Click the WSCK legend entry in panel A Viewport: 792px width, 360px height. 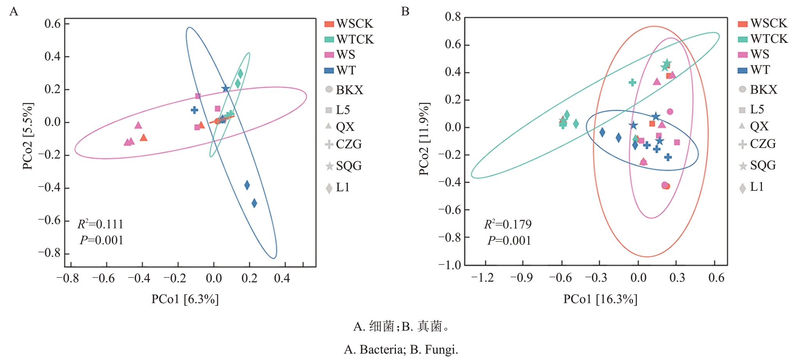click(349, 24)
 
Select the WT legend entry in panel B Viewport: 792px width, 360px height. click(754, 70)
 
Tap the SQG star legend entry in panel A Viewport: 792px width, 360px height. click(344, 166)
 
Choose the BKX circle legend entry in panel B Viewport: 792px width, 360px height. click(758, 90)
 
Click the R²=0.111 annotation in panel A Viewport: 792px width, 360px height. click(101, 224)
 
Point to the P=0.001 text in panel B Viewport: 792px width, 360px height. click(509, 241)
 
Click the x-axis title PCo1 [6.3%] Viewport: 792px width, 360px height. click(185, 299)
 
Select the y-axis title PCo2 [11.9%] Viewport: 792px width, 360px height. click(424, 139)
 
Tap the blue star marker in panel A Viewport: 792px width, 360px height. click(225, 88)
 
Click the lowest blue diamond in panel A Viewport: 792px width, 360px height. click(254, 203)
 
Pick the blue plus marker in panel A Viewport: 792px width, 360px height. click(194, 110)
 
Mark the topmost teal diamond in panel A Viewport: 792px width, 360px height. click(240, 73)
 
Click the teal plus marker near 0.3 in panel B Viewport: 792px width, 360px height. click(632, 82)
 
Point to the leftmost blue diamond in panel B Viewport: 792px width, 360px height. click(602, 132)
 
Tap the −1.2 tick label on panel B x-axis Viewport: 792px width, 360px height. click(482, 278)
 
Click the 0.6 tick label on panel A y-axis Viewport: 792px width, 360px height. click(53, 24)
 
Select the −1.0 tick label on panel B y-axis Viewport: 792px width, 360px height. click(450, 265)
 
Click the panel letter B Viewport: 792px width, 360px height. click(405, 12)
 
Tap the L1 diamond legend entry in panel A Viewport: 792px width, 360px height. click(338, 188)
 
